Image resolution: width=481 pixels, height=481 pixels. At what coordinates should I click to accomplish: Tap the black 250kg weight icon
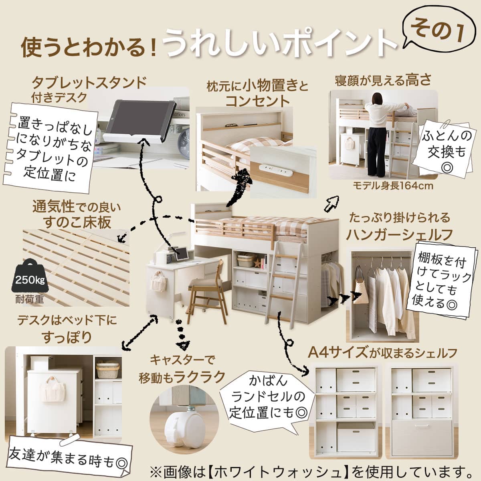pyautogui.click(x=28, y=277)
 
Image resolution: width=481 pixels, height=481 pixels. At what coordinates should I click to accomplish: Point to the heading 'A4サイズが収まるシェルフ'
pyautogui.click(x=382, y=353)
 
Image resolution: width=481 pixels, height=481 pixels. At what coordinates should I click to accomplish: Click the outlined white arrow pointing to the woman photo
pyautogui.click(x=333, y=204)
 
